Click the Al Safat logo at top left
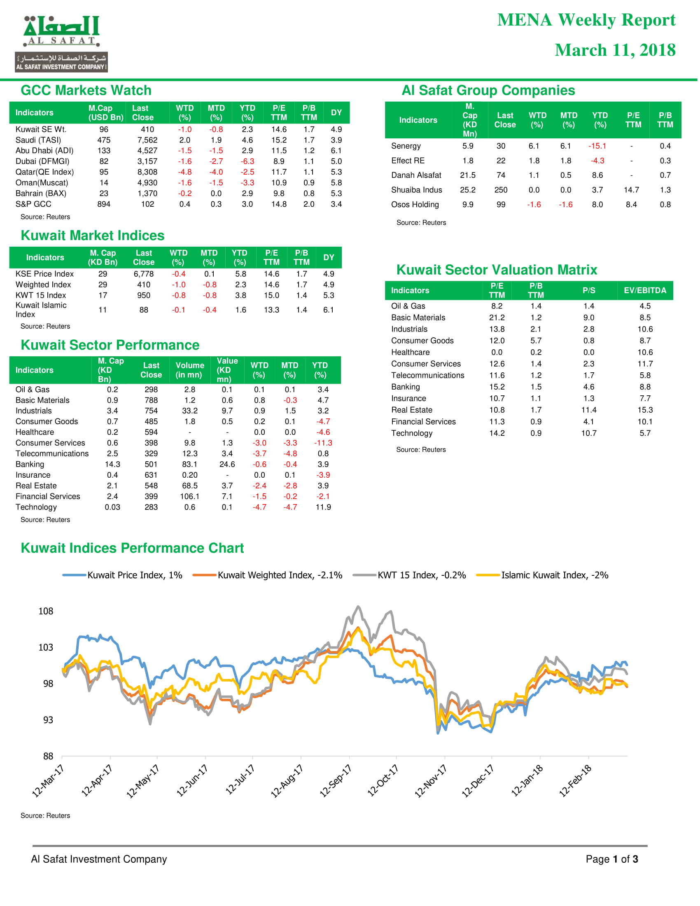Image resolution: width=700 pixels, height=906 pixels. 61,44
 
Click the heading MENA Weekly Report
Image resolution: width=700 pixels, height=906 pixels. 586,20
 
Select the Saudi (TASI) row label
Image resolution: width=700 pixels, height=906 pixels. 38,140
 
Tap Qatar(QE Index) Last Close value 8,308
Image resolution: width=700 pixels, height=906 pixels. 147,172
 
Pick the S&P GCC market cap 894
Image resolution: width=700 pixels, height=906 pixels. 104,204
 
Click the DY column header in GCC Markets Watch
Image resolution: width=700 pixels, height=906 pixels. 336,112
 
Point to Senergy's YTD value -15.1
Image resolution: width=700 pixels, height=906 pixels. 597,146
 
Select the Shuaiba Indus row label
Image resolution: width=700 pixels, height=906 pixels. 416,190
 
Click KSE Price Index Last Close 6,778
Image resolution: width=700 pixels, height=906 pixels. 143,274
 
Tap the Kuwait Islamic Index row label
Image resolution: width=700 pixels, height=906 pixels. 41,310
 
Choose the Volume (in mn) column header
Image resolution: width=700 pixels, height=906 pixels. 189,370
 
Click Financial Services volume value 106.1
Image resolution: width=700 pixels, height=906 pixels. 189,497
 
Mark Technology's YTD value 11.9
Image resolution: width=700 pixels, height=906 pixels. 323,507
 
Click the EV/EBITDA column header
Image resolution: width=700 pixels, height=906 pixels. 645,290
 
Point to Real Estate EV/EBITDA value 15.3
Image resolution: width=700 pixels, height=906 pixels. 645,410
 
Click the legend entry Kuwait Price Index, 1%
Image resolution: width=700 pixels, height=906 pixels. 122,575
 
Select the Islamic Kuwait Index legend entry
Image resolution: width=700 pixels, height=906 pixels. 542,575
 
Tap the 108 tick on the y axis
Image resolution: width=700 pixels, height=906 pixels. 46,611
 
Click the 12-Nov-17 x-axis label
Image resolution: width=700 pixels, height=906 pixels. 430,781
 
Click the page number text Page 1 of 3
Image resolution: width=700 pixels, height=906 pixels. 611,859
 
